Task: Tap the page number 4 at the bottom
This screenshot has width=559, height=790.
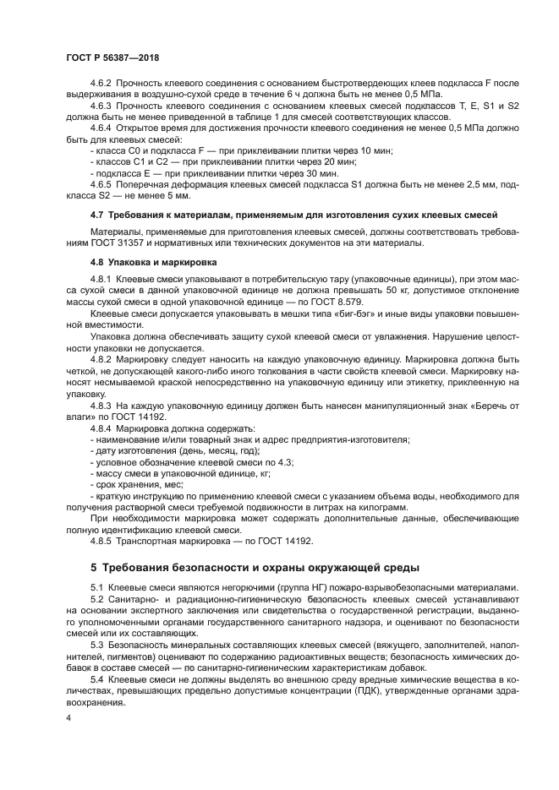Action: pos(69,717)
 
